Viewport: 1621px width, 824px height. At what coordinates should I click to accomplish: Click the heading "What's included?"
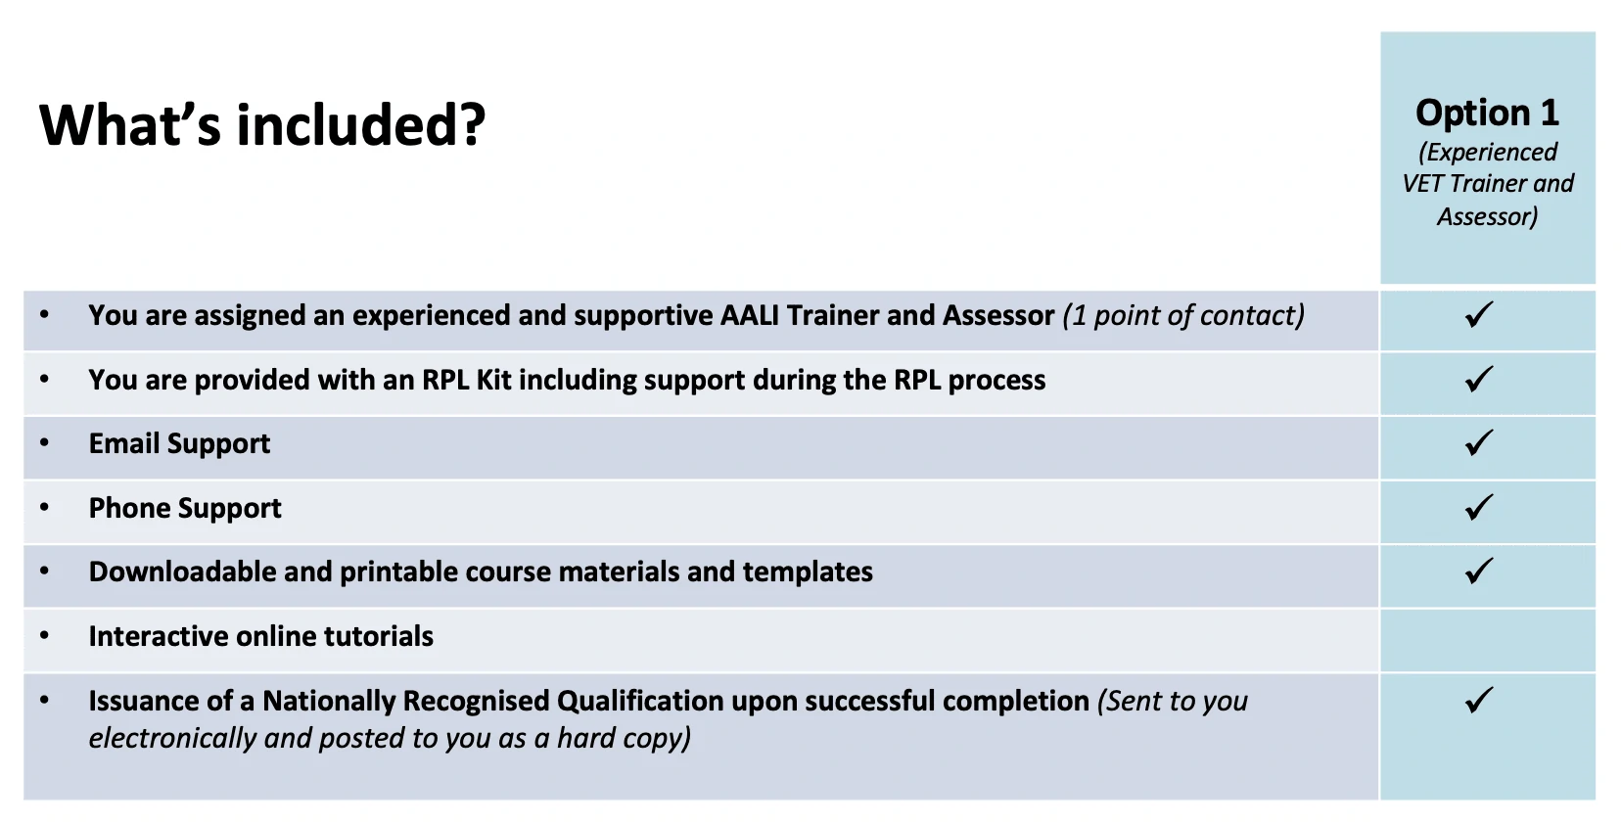click(x=262, y=124)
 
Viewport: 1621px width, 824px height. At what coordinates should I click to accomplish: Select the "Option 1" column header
click(x=1487, y=113)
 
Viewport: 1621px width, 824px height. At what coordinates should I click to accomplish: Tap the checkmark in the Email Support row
click(x=1479, y=442)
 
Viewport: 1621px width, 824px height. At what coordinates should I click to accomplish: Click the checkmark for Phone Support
click(x=1479, y=507)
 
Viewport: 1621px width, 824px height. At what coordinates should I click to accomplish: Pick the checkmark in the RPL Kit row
click(x=1479, y=379)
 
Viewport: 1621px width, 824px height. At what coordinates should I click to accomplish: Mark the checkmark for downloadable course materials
click(x=1479, y=571)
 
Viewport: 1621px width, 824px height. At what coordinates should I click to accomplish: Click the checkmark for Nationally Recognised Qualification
click(x=1479, y=700)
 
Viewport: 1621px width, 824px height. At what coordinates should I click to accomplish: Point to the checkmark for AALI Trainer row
click(x=1479, y=315)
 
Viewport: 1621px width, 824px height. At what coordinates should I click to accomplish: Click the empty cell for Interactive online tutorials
click(x=1487, y=640)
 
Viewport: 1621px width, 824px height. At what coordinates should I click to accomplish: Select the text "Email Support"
click(x=179, y=443)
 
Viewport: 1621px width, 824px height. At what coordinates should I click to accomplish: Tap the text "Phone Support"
click(x=185, y=508)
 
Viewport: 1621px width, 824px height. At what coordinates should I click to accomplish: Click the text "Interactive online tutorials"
click(x=260, y=636)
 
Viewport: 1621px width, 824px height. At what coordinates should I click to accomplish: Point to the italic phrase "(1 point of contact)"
click(x=1183, y=315)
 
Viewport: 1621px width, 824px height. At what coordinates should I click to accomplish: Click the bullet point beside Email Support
click(x=45, y=442)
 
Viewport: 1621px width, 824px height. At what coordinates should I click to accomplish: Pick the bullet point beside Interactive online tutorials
click(x=45, y=635)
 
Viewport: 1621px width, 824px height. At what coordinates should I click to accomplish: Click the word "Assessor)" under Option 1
click(x=1487, y=216)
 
